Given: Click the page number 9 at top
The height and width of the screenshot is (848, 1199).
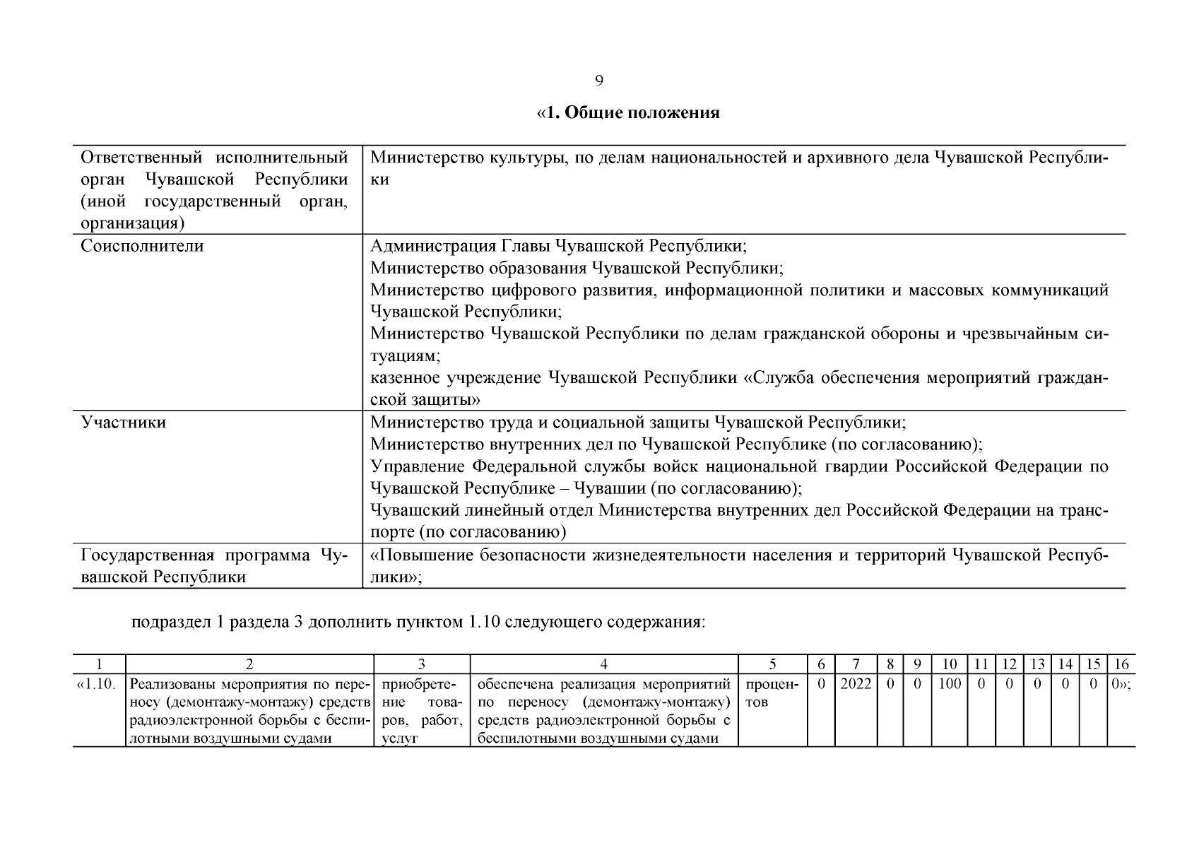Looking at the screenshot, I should (598, 81).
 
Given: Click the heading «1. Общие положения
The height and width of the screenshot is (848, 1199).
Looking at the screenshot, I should (628, 113).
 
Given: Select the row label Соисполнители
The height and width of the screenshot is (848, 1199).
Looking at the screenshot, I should (142, 247).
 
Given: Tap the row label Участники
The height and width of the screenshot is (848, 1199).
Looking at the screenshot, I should (124, 423).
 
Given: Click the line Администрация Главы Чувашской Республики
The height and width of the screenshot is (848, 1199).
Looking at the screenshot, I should (558, 247).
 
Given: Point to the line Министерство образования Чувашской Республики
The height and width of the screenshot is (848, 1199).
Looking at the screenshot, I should (577, 269).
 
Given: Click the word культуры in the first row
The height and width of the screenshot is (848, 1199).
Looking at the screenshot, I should (528, 158).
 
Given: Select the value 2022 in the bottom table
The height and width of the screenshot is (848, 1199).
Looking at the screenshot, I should (856, 684).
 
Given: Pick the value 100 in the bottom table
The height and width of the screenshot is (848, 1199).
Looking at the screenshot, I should (950, 684).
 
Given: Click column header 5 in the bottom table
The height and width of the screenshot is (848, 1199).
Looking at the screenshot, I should (772, 664).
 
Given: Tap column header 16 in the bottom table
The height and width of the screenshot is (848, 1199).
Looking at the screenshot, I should (1121, 664).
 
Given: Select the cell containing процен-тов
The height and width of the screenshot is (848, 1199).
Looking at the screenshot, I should (772, 693).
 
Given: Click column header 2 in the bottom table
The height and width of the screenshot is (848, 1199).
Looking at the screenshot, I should (249, 664).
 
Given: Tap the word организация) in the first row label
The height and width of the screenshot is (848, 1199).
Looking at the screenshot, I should (132, 224).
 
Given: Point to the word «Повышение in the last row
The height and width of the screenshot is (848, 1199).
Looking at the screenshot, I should (420, 555).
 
